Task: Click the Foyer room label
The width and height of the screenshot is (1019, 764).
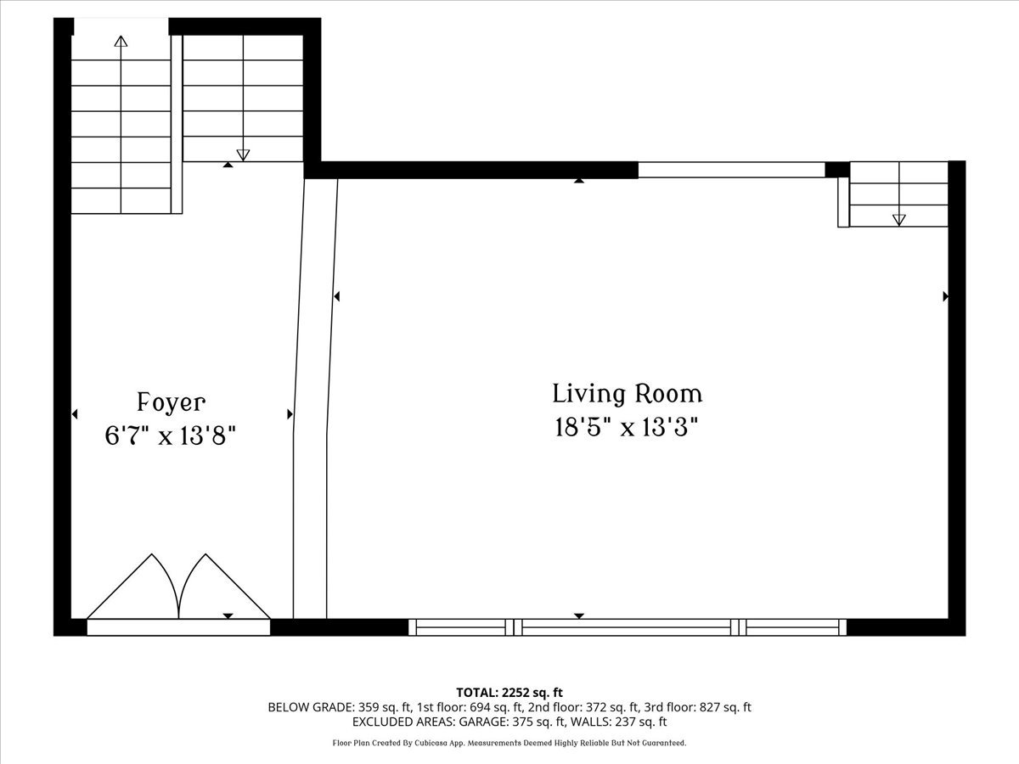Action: point(171,402)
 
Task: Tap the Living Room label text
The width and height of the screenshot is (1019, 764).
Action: point(628,394)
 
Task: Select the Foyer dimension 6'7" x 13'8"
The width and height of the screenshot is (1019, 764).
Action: point(170,436)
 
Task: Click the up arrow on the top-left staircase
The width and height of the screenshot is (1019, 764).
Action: point(121,41)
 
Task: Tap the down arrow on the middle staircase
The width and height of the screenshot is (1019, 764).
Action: point(244,154)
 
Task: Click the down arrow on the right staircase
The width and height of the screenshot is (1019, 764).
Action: point(899,220)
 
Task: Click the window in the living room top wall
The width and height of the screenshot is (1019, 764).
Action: point(731,170)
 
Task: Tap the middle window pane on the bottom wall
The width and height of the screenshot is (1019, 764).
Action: point(627,627)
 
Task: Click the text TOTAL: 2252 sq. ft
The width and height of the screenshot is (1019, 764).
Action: point(509,693)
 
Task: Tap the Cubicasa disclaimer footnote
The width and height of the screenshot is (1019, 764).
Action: point(509,743)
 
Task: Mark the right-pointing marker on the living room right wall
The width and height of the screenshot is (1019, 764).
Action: point(945,296)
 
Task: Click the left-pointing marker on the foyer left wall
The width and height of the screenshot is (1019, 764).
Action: point(75,414)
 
